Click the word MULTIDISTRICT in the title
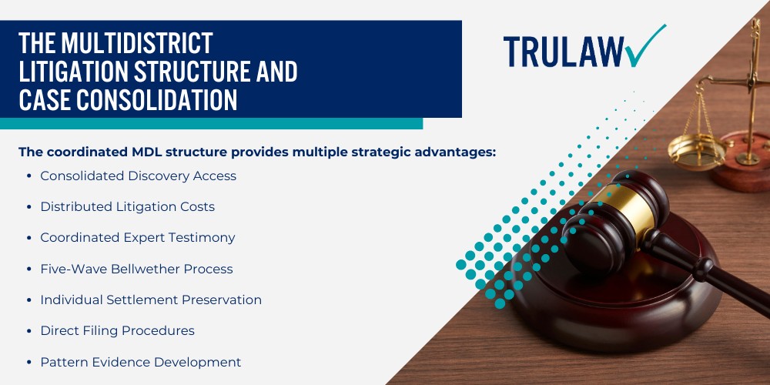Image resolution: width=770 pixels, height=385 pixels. click(x=136, y=43)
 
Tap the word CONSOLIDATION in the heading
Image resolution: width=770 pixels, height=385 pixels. click(x=156, y=99)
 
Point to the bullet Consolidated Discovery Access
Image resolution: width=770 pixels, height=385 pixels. click(x=138, y=176)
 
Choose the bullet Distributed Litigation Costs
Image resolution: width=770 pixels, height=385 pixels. click(x=127, y=206)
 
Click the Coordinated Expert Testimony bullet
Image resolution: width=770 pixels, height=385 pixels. click(x=138, y=238)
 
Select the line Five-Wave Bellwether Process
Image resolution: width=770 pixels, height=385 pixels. click(x=136, y=269)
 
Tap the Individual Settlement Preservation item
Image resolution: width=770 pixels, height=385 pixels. click(x=151, y=300)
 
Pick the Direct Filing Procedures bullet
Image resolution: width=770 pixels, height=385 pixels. click(x=117, y=330)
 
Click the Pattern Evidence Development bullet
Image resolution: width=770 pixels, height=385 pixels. click(x=140, y=362)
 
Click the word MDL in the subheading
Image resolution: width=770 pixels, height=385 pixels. click(x=147, y=152)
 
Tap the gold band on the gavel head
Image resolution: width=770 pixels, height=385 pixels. click(x=623, y=209)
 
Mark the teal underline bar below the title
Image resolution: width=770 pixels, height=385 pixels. click(x=211, y=123)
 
